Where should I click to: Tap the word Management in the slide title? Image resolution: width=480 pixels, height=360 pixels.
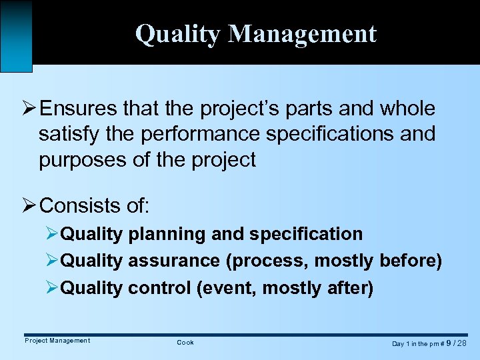click(303, 33)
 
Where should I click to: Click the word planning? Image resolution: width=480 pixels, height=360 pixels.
click(166, 234)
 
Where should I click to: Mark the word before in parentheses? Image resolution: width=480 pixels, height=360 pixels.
click(410, 261)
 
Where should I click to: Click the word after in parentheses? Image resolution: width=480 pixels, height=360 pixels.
click(351, 288)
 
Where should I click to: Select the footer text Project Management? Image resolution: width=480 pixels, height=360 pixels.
click(57, 341)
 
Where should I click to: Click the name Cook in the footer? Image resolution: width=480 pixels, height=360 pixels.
click(185, 342)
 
